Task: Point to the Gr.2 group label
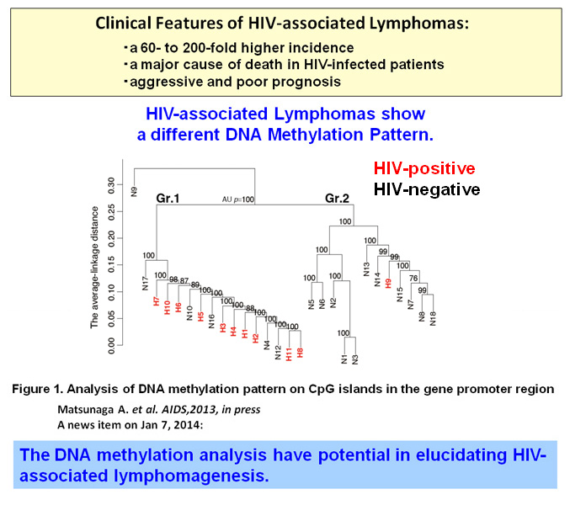[x=339, y=199]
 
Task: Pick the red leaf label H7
[x=157, y=301]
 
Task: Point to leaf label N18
[x=433, y=318]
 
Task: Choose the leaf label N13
[x=366, y=269]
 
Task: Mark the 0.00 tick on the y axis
[x=110, y=343]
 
